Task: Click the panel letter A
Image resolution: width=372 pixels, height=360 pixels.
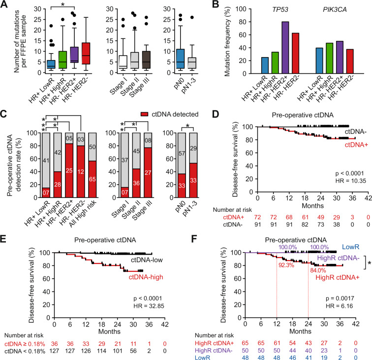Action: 4,5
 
